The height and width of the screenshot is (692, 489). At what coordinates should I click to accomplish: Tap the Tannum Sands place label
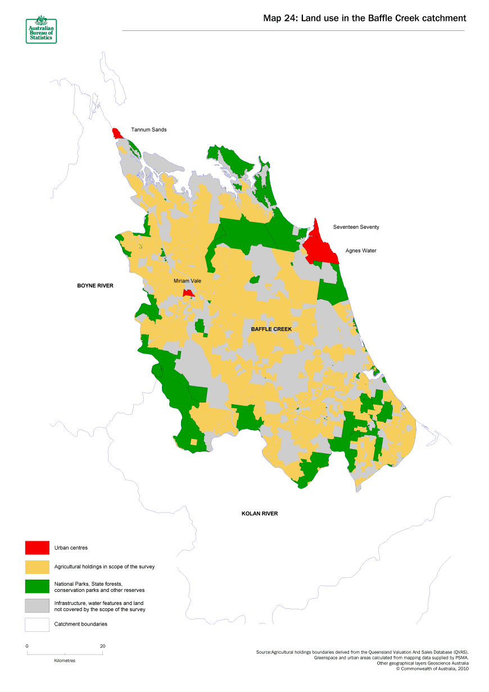pyautogui.click(x=149, y=130)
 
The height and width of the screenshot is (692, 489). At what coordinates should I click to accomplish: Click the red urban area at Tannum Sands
pyautogui.click(x=117, y=134)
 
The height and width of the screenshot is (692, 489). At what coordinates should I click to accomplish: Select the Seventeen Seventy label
pyautogui.click(x=356, y=227)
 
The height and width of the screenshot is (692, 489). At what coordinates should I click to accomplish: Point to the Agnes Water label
pyautogui.click(x=361, y=251)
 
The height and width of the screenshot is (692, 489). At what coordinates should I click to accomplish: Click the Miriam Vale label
pyautogui.click(x=187, y=281)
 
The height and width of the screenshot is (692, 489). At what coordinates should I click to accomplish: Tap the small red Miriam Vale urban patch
pyautogui.click(x=189, y=293)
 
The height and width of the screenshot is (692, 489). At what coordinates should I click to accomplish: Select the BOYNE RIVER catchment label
pyautogui.click(x=95, y=286)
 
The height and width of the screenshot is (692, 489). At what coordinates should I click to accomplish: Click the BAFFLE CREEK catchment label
pyautogui.click(x=271, y=329)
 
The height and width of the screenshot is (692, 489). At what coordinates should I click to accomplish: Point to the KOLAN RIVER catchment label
pyautogui.click(x=259, y=514)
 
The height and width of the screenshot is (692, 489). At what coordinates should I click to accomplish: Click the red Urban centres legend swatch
pyautogui.click(x=37, y=548)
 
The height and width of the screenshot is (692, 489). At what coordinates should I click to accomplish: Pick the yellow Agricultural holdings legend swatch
pyautogui.click(x=37, y=567)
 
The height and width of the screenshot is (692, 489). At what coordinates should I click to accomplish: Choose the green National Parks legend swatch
pyautogui.click(x=37, y=586)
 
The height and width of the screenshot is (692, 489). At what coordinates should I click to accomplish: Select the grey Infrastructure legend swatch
pyautogui.click(x=37, y=605)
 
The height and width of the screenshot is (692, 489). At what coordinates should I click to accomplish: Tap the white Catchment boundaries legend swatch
pyautogui.click(x=37, y=625)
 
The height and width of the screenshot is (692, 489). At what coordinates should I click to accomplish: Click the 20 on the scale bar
pyautogui.click(x=102, y=646)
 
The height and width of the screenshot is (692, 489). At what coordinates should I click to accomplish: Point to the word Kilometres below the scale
pyautogui.click(x=65, y=661)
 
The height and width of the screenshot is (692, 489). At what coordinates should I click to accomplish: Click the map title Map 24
pyautogui.click(x=365, y=19)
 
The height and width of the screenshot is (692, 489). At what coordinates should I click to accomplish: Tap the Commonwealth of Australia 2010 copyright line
pyautogui.click(x=432, y=669)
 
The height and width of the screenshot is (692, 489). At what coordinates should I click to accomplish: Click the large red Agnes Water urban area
pyautogui.click(x=320, y=248)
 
